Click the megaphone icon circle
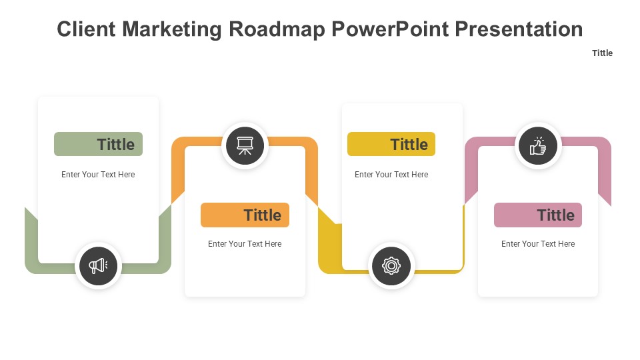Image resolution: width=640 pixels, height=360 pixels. pyautogui.click(x=98, y=266)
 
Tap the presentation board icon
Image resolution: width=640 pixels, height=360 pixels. pyautogui.click(x=245, y=146)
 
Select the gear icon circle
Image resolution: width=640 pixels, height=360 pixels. pyautogui.click(x=391, y=266)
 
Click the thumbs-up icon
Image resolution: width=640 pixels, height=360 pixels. pyautogui.click(x=538, y=146)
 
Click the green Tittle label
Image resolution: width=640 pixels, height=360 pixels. pyautogui.click(x=99, y=144)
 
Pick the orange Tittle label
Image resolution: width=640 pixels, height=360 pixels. pyautogui.click(x=245, y=215)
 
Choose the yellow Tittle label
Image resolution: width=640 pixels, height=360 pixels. pyautogui.click(x=391, y=144)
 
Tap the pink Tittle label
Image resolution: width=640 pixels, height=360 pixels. pyautogui.click(x=538, y=215)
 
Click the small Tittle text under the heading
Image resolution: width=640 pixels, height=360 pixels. pyautogui.click(x=602, y=53)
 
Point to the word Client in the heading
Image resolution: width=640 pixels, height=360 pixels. pyautogui.click(x=86, y=29)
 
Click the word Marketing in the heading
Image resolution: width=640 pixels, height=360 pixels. pyautogui.click(x=172, y=30)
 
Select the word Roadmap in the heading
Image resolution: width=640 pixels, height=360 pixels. pyautogui.click(x=276, y=30)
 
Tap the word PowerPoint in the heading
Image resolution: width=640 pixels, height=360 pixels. pyautogui.click(x=390, y=29)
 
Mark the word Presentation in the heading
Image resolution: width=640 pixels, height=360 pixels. pyautogui.click(x=519, y=29)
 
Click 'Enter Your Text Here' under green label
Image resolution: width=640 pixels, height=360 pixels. pyautogui.click(x=98, y=174)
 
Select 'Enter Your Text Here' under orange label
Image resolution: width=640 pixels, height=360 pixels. pyautogui.click(x=245, y=244)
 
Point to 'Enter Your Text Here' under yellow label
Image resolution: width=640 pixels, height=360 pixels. pyautogui.click(x=391, y=174)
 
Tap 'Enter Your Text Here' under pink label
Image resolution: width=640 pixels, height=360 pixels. pyautogui.click(x=538, y=244)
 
